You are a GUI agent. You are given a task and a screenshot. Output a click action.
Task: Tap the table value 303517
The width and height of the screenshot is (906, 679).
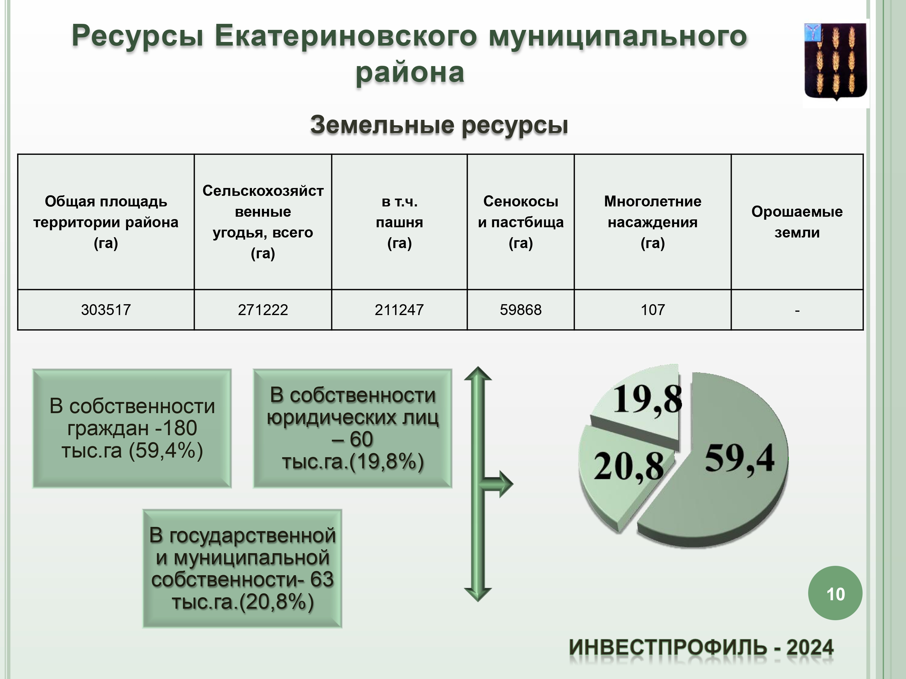[x=106, y=310]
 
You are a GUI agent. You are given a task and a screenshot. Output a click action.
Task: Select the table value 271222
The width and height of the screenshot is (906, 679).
[x=263, y=310]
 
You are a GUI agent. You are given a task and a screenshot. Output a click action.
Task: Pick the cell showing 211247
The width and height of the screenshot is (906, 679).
[x=399, y=310]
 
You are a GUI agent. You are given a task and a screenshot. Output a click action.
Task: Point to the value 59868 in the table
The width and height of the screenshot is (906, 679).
[x=521, y=310]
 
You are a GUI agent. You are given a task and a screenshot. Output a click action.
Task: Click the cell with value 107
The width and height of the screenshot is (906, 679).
[x=653, y=310]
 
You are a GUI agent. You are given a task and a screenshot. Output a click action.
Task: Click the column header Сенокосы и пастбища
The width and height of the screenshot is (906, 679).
[x=521, y=222]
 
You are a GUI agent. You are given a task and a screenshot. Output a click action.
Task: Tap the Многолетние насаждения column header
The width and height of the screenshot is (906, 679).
[x=653, y=222]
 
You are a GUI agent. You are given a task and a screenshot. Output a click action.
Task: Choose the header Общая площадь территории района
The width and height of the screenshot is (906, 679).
[x=106, y=222]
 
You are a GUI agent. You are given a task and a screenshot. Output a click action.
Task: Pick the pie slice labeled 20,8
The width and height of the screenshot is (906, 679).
[x=618, y=471]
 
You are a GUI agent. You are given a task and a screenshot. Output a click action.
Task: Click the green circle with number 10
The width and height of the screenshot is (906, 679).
[x=835, y=593]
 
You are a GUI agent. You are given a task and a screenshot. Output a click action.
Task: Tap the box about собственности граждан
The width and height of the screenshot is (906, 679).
[x=132, y=429]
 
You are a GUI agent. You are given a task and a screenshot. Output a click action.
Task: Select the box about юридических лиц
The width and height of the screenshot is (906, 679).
[x=353, y=429]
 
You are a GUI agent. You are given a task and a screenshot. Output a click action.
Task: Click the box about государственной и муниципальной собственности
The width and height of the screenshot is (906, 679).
[x=243, y=569]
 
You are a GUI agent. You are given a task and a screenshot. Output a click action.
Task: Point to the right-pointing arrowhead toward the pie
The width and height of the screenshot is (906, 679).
[x=505, y=484]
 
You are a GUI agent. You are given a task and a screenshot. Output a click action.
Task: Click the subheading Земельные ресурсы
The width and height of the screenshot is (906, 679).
[x=439, y=125]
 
